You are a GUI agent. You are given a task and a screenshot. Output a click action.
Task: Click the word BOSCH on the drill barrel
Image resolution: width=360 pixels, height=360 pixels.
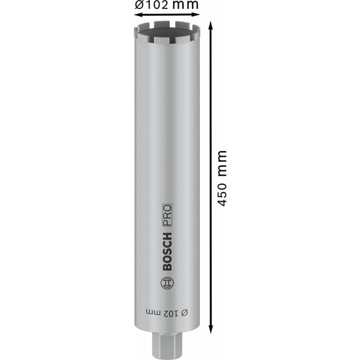tap(167, 251)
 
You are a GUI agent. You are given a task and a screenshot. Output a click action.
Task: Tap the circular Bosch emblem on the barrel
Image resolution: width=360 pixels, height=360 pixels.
tap(167, 282)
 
